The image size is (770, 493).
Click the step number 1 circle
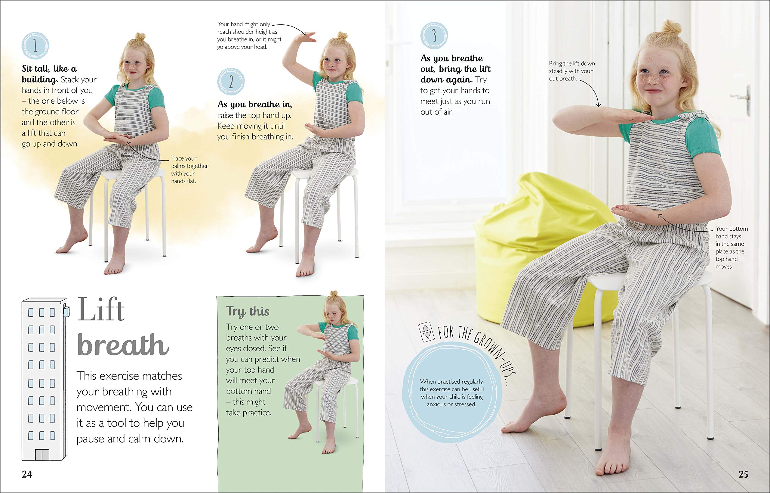click(35, 45)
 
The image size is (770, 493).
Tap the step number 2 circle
click(231, 81)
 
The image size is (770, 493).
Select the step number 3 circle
click(434, 35)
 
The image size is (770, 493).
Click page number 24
click(27, 474)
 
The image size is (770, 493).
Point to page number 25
click(743, 474)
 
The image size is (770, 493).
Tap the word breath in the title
click(123, 345)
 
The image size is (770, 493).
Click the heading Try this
click(248, 311)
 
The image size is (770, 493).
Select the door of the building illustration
click(42, 454)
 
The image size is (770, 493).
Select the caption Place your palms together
click(189, 170)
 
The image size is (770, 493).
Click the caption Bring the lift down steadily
click(572, 71)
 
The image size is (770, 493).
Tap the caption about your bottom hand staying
click(731, 248)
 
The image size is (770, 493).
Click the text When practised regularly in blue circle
click(451, 393)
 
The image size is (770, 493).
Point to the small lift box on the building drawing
click(66, 311)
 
